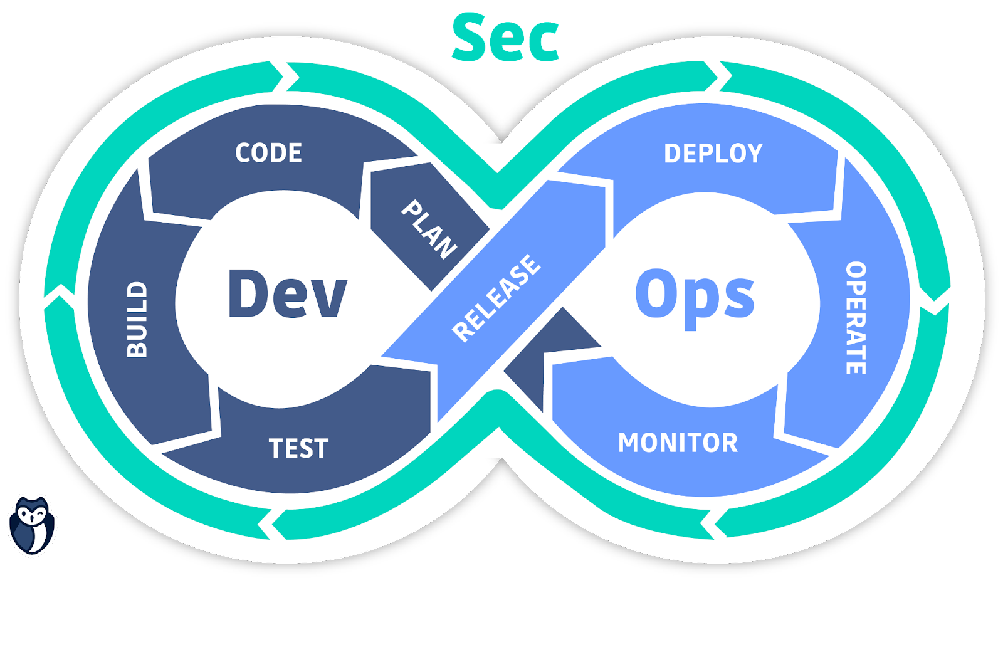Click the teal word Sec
coord(505,38)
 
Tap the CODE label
coord(268,153)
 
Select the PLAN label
coord(429,229)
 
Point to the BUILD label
coord(137,320)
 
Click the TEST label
coord(298,448)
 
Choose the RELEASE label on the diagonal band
coord(496,298)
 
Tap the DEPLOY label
coord(713,154)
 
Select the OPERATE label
coord(856,318)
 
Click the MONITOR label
coord(678,443)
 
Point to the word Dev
coord(287,293)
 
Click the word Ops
coord(695,295)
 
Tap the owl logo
coord(31,525)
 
